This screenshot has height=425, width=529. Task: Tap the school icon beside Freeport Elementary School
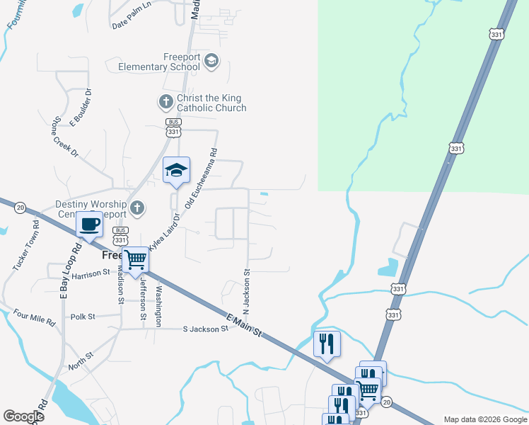(x=211, y=62)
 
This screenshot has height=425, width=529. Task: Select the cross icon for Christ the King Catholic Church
(x=165, y=102)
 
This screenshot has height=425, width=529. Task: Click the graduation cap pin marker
(x=177, y=170)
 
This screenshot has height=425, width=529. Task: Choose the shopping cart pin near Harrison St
(x=135, y=260)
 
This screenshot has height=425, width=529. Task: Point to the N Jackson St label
(x=247, y=292)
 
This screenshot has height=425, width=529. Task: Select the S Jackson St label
(x=205, y=329)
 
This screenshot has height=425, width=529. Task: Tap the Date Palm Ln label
(x=132, y=25)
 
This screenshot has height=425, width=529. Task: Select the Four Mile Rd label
(x=34, y=317)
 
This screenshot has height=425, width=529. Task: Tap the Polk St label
(x=83, y=317)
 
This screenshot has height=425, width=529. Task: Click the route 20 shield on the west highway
(x=20, y=207)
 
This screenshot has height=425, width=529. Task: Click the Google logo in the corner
(x=23, y=416)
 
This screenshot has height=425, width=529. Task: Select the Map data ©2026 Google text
(x=484, y=419)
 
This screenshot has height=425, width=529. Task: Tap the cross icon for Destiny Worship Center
(x=138, y=208)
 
